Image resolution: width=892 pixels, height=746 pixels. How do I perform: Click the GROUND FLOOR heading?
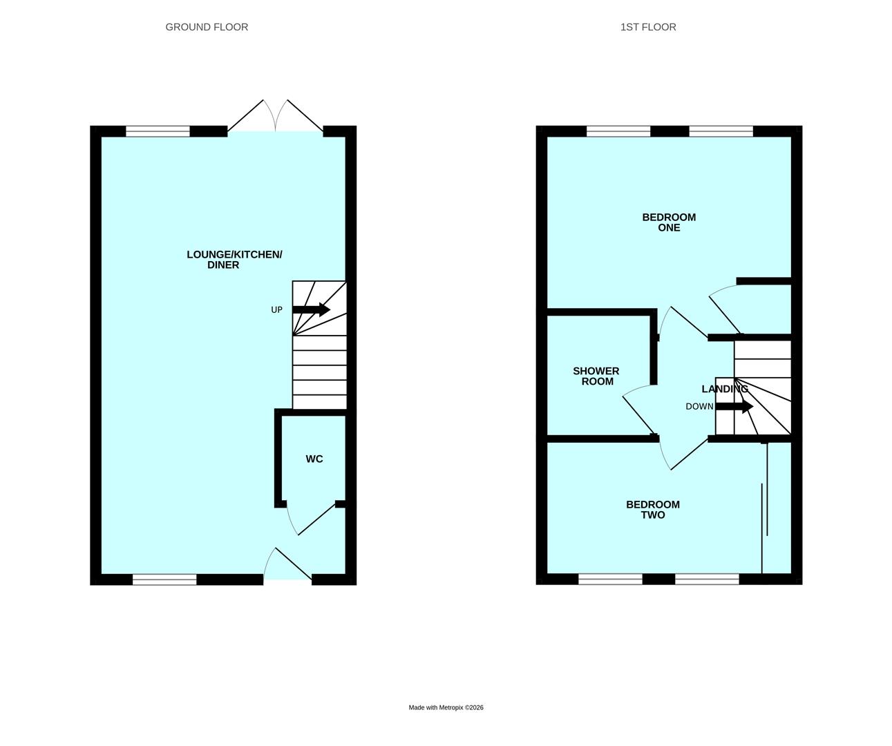pos(207,27)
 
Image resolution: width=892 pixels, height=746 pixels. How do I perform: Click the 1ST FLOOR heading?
pos(648,27)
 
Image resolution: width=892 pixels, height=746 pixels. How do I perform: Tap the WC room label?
pos(314,459)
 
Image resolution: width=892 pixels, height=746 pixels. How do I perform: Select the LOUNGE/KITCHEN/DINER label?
pos(234,260)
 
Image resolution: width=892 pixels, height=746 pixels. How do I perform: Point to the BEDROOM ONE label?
pos(669,222)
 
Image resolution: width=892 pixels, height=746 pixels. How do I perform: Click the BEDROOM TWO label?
pos(653,510)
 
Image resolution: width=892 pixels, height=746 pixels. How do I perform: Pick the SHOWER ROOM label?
pos(596,376)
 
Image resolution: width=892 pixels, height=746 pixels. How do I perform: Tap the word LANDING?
pos(724,389)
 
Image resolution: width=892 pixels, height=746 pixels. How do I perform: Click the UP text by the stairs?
pos(276,310)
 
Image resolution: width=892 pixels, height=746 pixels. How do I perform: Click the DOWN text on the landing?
pos(699,407)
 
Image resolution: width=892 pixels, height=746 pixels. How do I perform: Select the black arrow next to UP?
pos(312,309)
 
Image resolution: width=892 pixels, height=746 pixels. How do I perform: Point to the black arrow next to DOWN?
pos(734,407)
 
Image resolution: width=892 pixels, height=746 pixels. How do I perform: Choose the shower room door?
pos(640,410)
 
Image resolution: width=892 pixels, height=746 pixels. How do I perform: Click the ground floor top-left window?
pos(158,131)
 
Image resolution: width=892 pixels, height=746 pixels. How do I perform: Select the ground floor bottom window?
pos(164,580)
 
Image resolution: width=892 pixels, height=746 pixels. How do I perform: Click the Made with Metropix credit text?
pos(446,707)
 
